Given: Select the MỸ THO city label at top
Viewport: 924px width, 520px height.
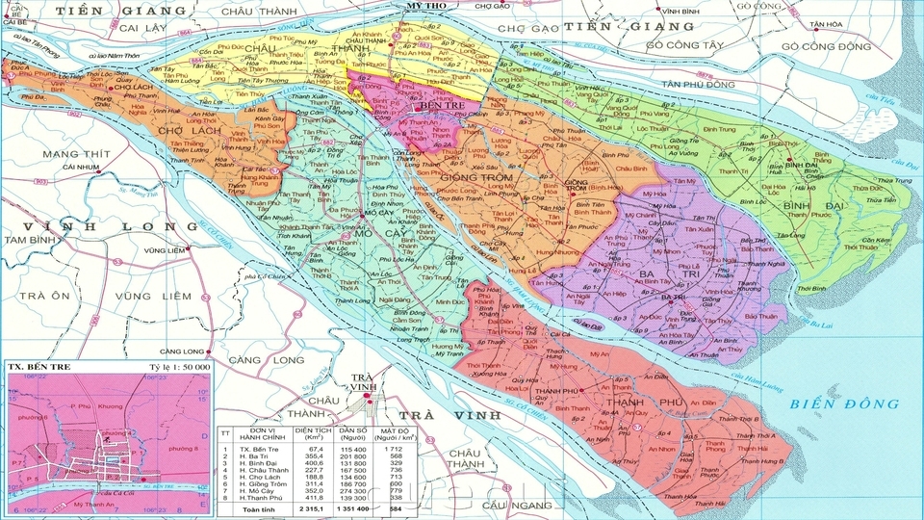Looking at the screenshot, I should (x=428, y=6).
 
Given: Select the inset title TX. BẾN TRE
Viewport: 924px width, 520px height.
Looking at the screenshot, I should (x=39, y=367).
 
